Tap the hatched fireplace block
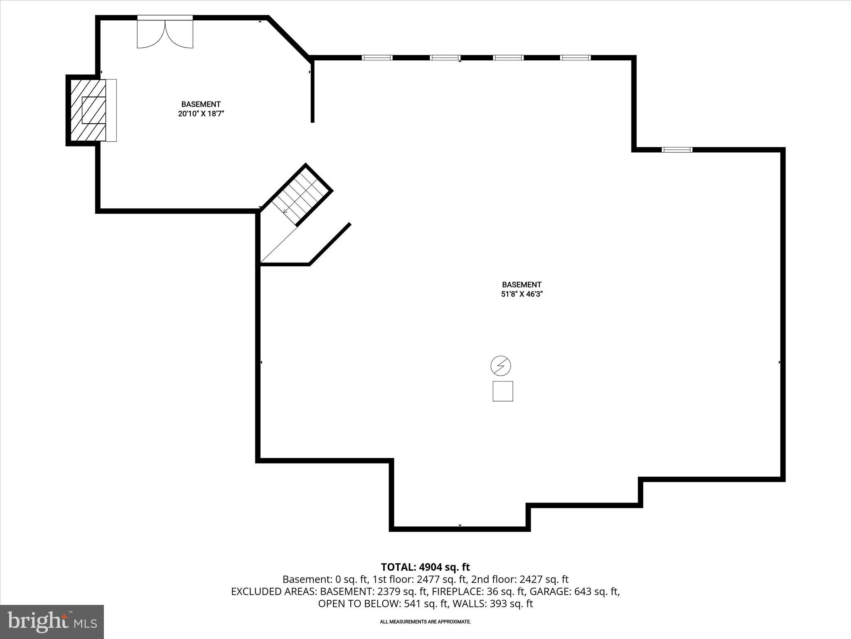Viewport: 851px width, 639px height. [x=88, y=110]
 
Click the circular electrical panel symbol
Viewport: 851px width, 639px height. [x=501, y=366]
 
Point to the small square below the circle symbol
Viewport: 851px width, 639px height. [x=503, y=391]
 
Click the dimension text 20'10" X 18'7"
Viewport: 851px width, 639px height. [x=201, y=114]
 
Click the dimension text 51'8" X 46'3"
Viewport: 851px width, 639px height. [x=522, y=294]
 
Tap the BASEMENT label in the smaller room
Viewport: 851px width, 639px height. [x=201, y=104]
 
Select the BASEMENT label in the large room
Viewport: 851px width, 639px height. [x=521, y=285]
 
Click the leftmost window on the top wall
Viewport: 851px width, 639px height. [x=377, y=57]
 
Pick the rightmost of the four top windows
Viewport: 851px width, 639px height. [x=575, y=57]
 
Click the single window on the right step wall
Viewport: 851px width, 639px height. [x=677, y=149]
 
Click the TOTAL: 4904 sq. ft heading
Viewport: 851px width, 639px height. [x=425, y=567]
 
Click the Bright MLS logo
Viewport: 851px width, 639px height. [x=52, y=622]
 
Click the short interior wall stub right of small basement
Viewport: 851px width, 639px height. [x=312, y=92]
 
